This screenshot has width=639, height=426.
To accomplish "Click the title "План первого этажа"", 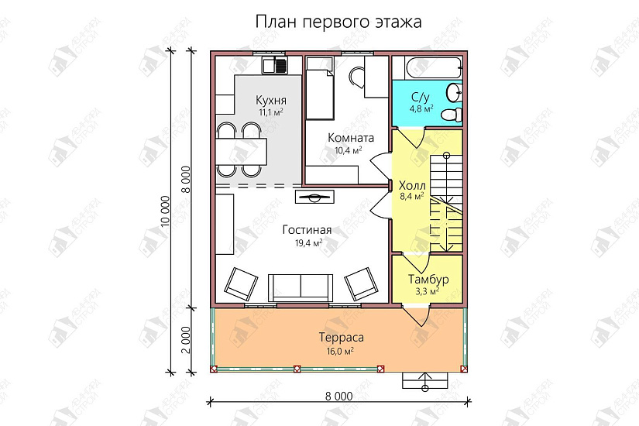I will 338,22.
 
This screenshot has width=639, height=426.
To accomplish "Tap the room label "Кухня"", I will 271,101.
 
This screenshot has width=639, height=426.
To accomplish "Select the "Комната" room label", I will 351,138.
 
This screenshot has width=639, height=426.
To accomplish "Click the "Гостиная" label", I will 307,230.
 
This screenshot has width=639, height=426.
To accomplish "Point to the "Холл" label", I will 411,186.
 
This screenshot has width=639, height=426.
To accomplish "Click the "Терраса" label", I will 341,338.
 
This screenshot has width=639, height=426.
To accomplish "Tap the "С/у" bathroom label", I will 420,97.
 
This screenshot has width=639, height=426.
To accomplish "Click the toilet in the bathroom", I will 451,115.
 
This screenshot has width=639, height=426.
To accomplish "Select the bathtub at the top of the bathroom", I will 427,67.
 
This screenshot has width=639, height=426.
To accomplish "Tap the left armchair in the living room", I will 242,283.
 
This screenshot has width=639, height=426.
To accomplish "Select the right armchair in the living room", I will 360,283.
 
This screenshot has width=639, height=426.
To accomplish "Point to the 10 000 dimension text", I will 164,209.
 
